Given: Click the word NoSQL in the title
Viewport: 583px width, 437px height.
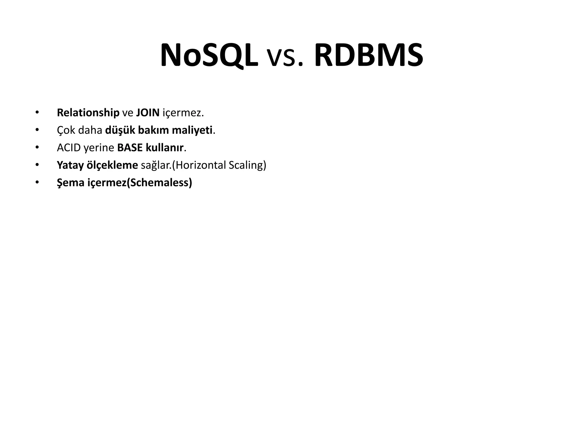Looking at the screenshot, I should click(x=209, y=55).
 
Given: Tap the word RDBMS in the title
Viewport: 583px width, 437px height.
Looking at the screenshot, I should click(x=369, y=55).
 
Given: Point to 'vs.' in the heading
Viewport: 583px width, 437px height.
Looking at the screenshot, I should click(x=286, y=57).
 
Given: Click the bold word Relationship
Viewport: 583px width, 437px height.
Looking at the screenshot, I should click(x=88, y=113).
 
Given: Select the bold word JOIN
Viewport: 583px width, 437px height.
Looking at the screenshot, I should click(x=148, y=113).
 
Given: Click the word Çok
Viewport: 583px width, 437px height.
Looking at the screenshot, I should click(x=65, y=130).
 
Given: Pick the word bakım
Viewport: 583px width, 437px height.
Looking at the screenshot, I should click(x=153, y=130).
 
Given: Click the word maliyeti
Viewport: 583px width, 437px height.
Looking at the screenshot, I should click(x=192, y=130).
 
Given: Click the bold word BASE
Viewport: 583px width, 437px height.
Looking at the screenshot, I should click(x=130, y=148).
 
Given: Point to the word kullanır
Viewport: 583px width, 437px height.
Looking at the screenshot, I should click(x=165, y=148).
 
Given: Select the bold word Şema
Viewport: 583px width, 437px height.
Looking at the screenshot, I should click(x=71, y=183).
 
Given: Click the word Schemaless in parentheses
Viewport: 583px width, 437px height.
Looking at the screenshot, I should click(x=159, y=183).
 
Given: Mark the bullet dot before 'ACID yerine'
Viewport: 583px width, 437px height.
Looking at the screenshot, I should click(x=37, y=148).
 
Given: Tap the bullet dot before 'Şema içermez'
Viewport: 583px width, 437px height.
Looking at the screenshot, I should click(x=37, y=182).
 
